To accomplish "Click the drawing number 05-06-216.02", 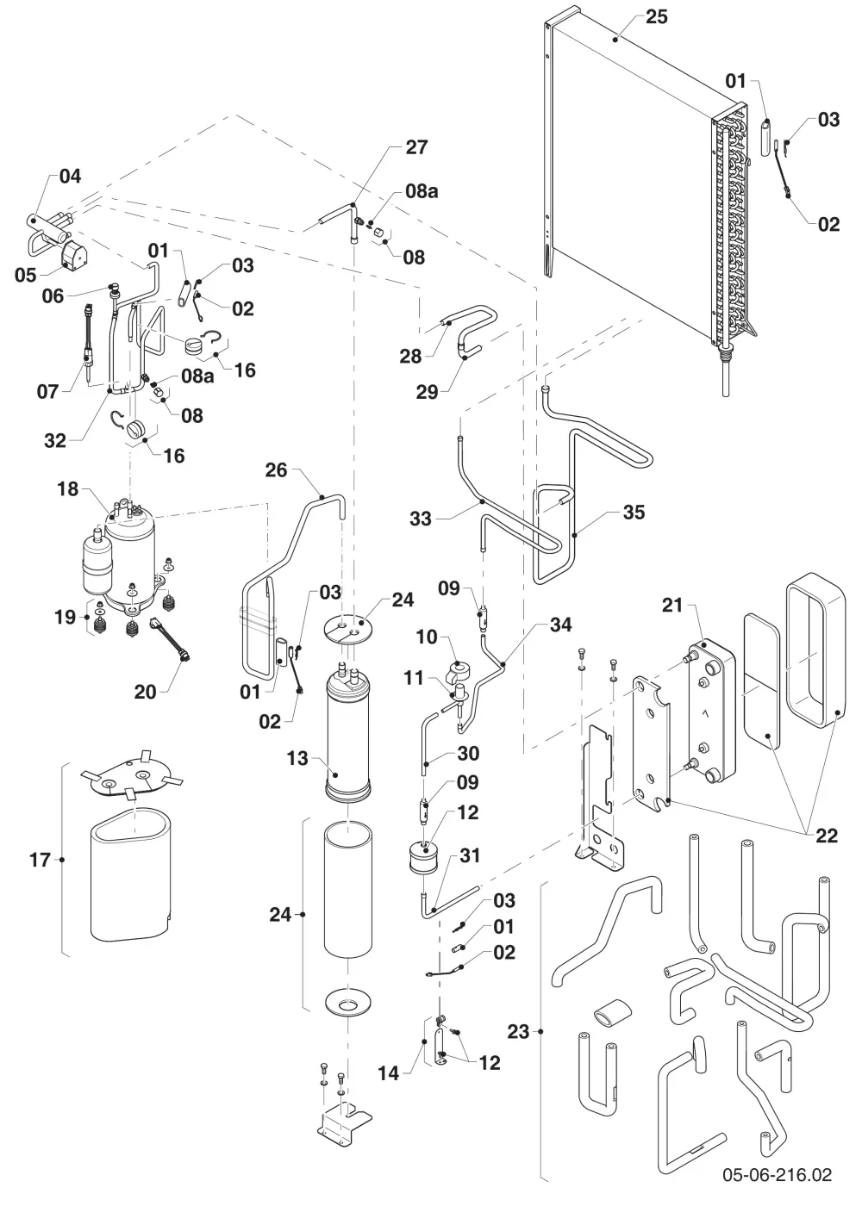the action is (x=778, y=1173).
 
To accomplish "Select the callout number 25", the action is (x=656, y=16).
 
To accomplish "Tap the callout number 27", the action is (x=416, y=147).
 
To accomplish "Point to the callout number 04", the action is (x=70, y=176).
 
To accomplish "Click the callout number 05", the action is (x=25, y=275).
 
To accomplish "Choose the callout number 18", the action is (x=67, y=489).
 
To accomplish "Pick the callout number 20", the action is (x=145, y=691).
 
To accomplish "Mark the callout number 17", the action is (x=40, y=860).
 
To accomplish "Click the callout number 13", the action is (x=297, y=759).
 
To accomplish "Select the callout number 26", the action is (x=277, y=470).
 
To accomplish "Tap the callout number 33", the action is (x=421, y=519).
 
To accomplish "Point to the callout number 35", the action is (x=634, y=512).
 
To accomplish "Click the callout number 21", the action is (x=672, y=605).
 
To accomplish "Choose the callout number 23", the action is (x=518, y=1032).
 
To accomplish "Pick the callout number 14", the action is (x=389, y=1073).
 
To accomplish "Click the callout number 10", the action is (x=427, y=637).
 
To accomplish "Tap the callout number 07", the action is (x=47, y=391).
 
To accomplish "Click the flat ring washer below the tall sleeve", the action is (x=348, y=1003).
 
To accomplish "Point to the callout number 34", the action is (x=561, y=625).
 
